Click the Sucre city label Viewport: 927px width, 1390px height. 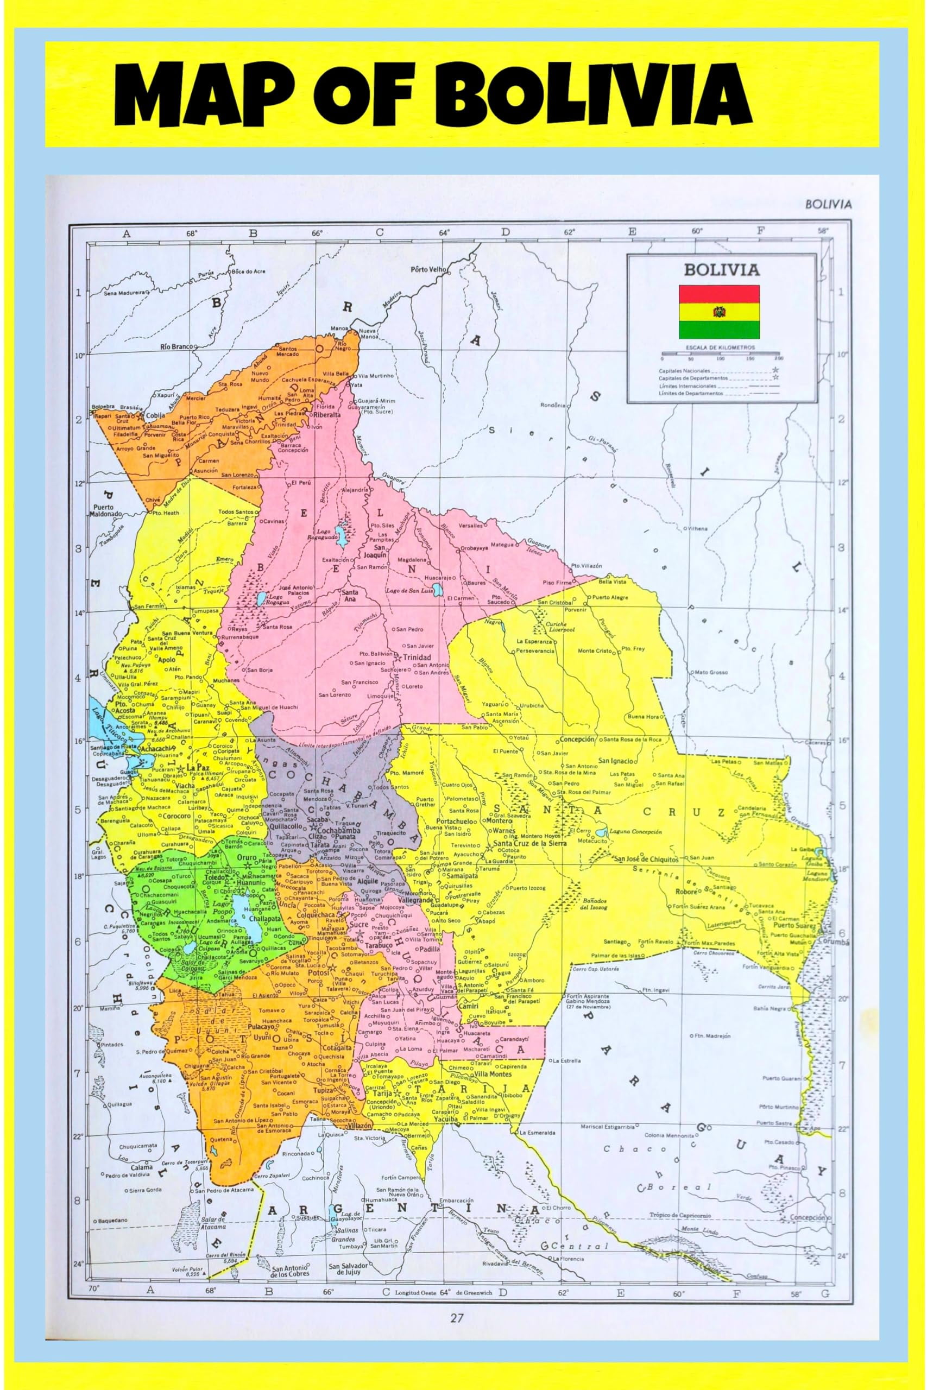pos(358,924)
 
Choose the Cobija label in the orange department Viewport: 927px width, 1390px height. pos(155,415)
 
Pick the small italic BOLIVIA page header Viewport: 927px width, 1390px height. pos(828,205)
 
